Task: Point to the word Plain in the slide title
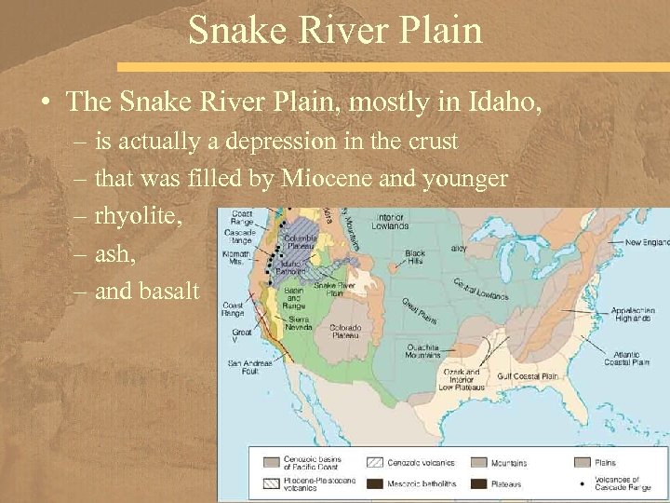coord(441,30)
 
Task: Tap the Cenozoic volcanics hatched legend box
coord(377,461)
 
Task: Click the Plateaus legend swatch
coord(479,483)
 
